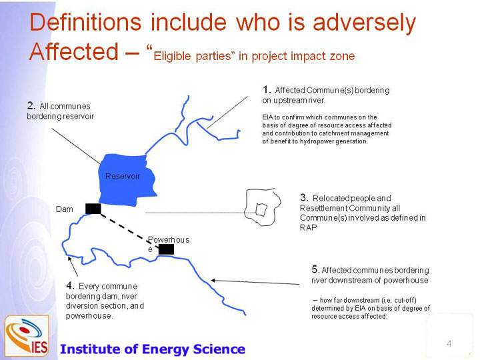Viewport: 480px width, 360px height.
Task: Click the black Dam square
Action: tap(93, 209)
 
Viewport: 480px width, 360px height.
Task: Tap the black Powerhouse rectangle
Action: tap(166, 249)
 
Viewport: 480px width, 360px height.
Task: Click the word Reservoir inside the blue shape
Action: tap(123, 176)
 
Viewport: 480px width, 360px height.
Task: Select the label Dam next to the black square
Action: tap(64, 209)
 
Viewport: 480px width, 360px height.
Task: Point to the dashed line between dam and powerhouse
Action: tap(129, 230)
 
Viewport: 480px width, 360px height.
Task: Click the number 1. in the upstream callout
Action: tap(267, 89)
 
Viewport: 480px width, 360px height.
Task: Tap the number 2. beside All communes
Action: tap(31, 105)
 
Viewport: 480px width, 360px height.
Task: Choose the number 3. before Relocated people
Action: tap(304, 197)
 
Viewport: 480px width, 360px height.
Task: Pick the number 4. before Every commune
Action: tap(71, 285)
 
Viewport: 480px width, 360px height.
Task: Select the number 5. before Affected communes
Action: tap(316, 269)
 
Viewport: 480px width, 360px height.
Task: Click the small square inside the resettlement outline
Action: tap(261, 210)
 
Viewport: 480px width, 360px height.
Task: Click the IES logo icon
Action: tap(27, 335)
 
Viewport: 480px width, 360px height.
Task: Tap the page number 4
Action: tap(449, 343)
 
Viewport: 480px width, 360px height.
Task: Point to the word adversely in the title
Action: tap(364, 23)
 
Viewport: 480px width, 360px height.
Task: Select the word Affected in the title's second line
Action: tap(74, 51)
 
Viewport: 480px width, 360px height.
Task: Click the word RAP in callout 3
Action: tap(308, 227)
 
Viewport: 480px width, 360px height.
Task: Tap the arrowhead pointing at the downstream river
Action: tap(214, 280)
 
